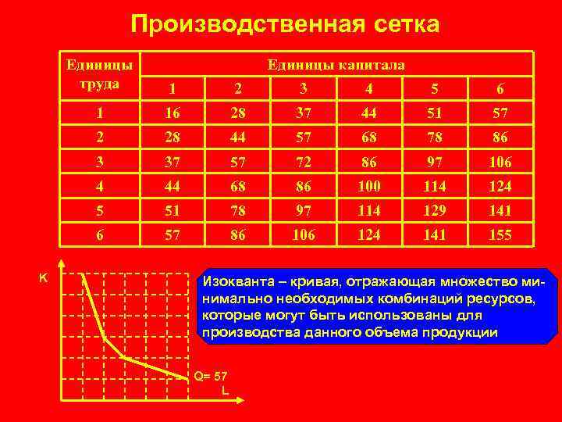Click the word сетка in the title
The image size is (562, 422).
coord(401,24)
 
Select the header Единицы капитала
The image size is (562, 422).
coord(336,65)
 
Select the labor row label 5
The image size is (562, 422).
coord(99,210)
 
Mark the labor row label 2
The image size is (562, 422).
coord(99,138)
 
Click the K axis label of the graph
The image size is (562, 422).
coord(44,276)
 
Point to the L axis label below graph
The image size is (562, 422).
coord(225,388)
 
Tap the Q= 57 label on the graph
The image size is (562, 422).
coord(210,376)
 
